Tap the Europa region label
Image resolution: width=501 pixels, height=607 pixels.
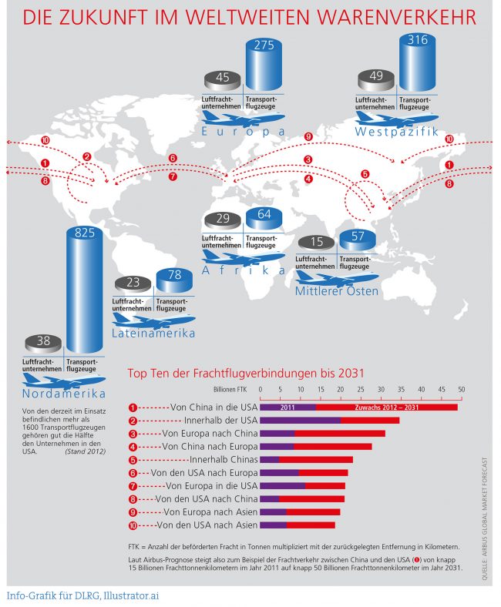243,132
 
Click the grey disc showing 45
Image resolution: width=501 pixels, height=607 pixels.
223,77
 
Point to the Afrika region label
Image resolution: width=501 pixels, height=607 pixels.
243,270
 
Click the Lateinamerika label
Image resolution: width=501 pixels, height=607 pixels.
153,333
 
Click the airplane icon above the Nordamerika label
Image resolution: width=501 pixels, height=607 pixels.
65,381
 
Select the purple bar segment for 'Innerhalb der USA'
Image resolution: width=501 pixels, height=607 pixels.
300,421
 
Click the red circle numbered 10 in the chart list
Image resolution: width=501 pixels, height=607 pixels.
133,525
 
